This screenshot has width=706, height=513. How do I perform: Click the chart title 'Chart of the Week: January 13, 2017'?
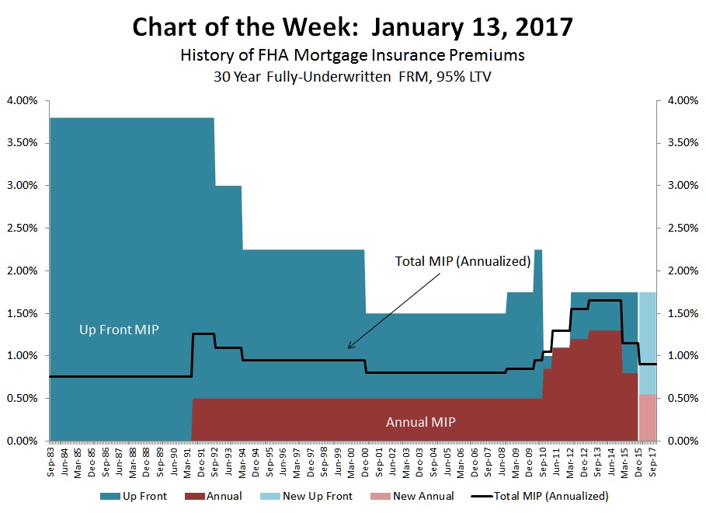(x=353, y=26)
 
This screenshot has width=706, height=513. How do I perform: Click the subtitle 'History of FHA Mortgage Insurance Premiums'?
(x=353, y=57)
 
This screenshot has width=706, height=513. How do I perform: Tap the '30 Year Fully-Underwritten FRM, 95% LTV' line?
(x=353, y=78)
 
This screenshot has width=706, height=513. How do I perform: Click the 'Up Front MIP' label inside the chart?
(x=119, y=330)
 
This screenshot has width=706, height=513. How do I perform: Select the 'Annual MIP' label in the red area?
(x=420, y=422)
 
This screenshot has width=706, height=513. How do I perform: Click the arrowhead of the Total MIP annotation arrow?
(x=349, y=347)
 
